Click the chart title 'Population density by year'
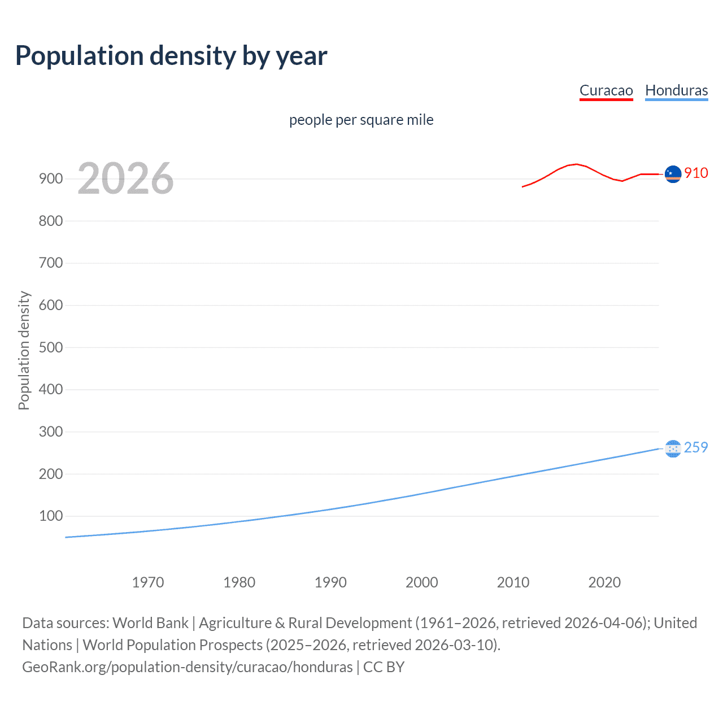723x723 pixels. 171,56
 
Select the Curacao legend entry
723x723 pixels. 606,90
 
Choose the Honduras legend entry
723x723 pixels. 676,90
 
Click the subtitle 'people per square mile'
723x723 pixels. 361,120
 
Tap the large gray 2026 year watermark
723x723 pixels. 125,178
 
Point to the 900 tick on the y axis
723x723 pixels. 51,178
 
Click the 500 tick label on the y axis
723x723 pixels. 51,347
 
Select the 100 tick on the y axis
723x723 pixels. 51,516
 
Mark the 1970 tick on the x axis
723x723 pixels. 148,582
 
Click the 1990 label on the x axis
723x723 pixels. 330,582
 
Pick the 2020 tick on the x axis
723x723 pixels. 604,582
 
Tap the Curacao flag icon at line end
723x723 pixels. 673,175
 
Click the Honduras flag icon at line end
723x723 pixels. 673,448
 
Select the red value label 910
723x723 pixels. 696,173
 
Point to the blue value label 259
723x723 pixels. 696,447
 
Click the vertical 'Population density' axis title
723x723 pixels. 24,350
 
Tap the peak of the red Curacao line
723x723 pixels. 576,164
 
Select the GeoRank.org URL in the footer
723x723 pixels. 188,667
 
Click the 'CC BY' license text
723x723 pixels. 384,667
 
